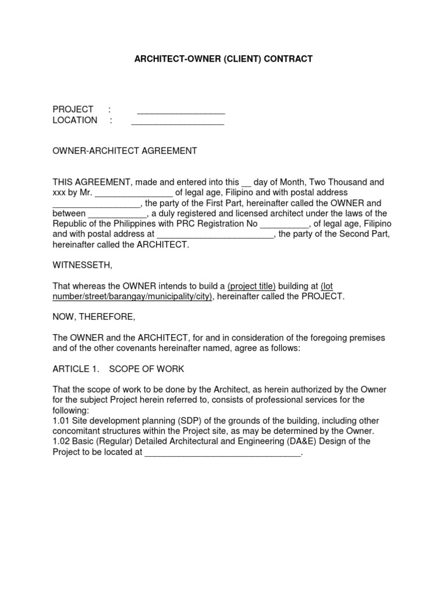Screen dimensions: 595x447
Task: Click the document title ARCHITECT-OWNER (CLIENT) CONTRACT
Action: click(223, 59)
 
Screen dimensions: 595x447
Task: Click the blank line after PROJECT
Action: click(181, 110)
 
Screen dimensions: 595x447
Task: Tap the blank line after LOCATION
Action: click(178, 121)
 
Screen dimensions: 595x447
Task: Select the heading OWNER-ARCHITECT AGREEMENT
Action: click(125, 151)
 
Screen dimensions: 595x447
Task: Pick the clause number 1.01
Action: click(61, 420)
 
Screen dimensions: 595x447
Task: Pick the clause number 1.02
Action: click(61, 441)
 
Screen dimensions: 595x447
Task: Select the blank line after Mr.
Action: click(134, 192)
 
